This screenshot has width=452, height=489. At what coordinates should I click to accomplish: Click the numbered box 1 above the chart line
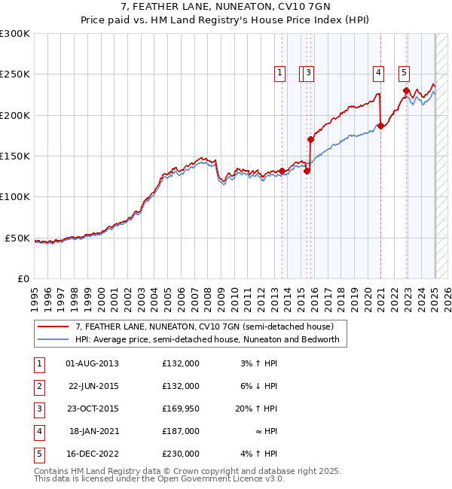pos(279,73)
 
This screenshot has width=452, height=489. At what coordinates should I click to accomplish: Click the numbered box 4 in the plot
pos(378,73)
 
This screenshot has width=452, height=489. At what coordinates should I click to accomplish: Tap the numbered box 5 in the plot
pos(405,73)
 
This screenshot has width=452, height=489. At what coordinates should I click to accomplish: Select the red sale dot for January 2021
pos(381,126)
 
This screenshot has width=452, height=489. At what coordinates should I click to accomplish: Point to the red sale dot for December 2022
pos(407,91)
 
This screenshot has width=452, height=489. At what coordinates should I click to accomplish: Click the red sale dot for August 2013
pos(282,171)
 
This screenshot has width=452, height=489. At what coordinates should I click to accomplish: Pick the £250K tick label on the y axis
pos(14,74)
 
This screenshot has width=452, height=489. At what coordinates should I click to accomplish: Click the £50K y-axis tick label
pos(17,238)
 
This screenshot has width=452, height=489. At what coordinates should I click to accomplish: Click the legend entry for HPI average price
pos(207,339)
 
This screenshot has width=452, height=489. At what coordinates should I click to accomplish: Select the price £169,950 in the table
pos(181,409)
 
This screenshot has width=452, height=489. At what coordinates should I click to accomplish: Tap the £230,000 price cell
pos(181,454)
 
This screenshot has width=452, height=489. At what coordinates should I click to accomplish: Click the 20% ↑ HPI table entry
pos(256,409)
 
